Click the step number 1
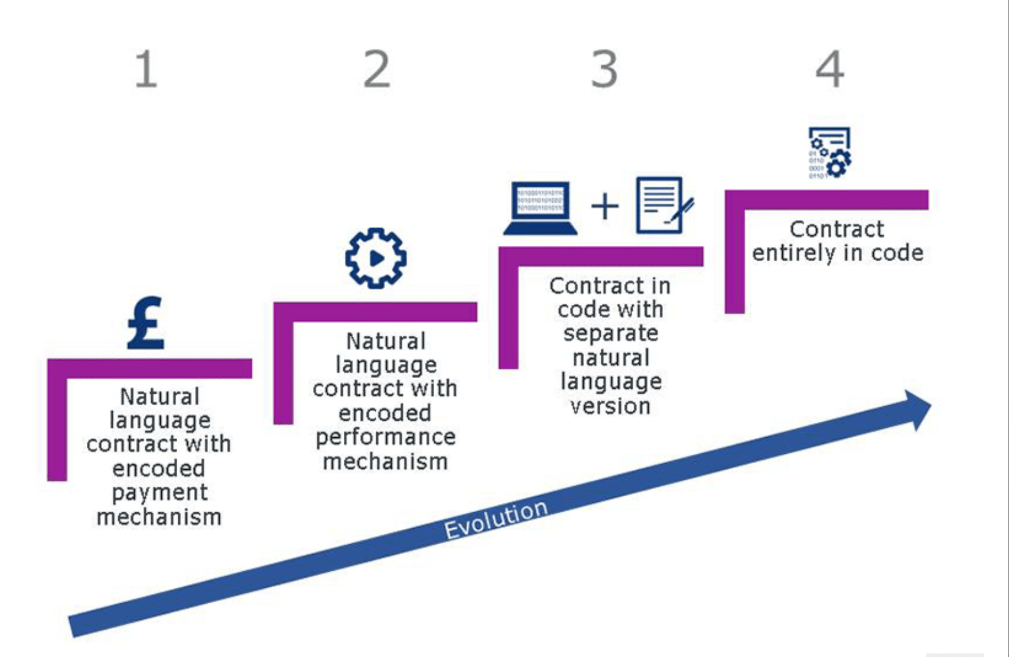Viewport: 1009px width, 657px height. tap(146, 69)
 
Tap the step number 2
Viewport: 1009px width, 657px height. tap(376, 69)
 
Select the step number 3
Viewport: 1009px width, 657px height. tap(604, 69)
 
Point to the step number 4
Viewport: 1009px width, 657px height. tap(829, 69)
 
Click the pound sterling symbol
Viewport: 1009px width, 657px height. tap(146, 323)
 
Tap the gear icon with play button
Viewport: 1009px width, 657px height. tap(376, 258)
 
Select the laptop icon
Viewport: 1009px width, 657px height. tap(540, 209)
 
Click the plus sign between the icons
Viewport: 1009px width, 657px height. tap(604, 207)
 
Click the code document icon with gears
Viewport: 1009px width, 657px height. tap(829, 152)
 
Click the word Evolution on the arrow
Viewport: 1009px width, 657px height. tap(496, 519)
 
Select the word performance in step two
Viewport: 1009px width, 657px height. tap(385, 438)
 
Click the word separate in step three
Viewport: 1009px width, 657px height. tap(610, 334)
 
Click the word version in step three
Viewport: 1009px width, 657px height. tap(610, 406)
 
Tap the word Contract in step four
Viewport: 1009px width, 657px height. tap(837, 229)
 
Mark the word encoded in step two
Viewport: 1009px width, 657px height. tap(385, 413)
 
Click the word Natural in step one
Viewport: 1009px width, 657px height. tap(160, 396)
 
